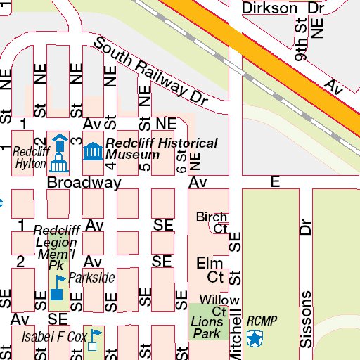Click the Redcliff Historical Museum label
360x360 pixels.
click(x=161, y=148)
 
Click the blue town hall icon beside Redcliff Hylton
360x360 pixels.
click(x=59, y=154)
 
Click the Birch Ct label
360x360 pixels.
click(x=212, y=222)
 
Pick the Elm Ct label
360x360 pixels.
click(x=210, y=269)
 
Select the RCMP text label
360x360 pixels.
click(x=262, y=321)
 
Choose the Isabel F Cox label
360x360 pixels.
click(x=53, y=336)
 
